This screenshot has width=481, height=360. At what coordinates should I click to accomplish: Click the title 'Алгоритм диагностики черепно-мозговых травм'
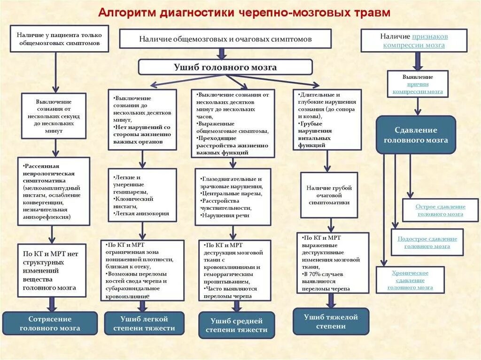coord(244,12)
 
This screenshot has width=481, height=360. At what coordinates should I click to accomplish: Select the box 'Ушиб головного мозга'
coord(225,67)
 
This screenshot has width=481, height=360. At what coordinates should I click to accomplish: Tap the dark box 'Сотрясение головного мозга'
coord(50,323)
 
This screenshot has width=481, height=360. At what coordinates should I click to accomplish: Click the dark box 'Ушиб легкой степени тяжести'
coord(144,323)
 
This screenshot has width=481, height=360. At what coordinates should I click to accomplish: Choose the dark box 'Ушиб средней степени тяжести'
coord(236,325)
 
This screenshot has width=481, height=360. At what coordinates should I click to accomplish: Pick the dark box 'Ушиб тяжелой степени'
coord(331,321)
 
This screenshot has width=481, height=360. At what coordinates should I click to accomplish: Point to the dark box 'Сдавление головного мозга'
coord(416,135)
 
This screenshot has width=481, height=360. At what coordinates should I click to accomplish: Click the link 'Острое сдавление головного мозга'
coord(440,210)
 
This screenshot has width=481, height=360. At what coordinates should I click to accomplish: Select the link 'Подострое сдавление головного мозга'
coord(427,242)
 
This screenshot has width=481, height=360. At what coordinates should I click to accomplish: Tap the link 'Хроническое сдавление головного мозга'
coord(410,280)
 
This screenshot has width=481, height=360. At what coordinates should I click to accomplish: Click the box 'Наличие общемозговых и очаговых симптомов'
coord(225,39)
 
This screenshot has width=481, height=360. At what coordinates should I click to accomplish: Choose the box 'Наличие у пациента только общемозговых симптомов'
coord(59,38)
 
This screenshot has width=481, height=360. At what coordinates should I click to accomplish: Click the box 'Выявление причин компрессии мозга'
coord(418,84)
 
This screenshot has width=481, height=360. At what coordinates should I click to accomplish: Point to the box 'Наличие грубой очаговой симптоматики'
coord(329,195)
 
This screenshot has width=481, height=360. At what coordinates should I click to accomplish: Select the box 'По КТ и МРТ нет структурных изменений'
coord(52,270)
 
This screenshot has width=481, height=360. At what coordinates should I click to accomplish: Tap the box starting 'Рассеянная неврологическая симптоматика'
coord(54,191)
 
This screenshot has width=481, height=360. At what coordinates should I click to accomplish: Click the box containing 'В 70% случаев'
coord(333,263)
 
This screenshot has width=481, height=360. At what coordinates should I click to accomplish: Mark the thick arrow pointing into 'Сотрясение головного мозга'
coord(52,304)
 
